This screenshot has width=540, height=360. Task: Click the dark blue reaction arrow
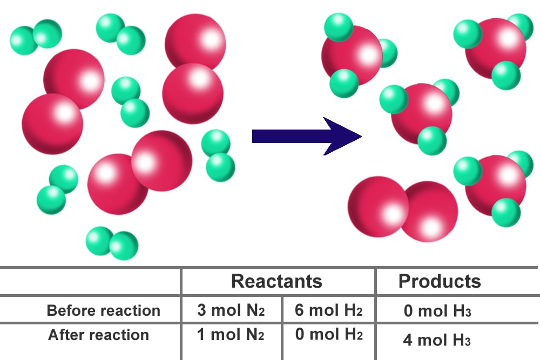[x=307, y=137]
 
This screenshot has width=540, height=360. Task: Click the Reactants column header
[x=276, y=281]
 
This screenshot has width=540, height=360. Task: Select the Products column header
[x=440, y=281]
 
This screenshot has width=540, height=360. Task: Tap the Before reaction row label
[x=103, y=310]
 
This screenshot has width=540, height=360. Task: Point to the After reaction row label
[x=98, y=335]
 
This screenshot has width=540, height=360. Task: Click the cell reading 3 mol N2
[x=231, y=310]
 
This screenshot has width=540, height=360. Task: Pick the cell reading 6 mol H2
[x=328, y=310]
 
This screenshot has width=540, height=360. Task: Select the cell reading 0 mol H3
[x=437, y=311]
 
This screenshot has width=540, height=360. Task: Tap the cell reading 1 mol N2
[x=231, y=335]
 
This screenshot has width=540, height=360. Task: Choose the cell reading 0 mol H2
[x=329, y=334]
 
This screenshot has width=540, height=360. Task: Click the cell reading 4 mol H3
[x=437, y=340]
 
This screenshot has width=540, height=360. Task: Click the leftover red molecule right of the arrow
[x=403, y=209]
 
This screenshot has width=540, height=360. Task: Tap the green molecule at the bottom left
[x=112, y=243]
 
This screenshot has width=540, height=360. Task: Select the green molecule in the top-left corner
[x=36, y=36]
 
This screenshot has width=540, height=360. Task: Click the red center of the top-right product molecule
[x=496, y=49]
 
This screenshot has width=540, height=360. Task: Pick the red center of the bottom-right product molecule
[x=496, y=186]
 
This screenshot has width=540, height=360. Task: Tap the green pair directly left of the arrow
[x=218, y=155]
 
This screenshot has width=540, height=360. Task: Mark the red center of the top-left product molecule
[x=352, y=56]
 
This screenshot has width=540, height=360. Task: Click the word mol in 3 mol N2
[x=226, y=310]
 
